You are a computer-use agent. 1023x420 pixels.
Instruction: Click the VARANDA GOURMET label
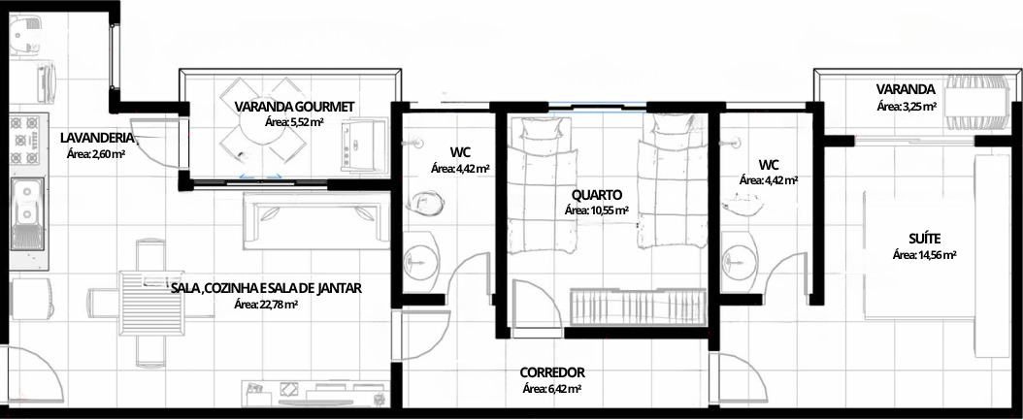click(294, 107)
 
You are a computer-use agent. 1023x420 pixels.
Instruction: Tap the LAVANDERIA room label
click(96, 138)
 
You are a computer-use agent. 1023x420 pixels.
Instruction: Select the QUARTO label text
click(596, 194)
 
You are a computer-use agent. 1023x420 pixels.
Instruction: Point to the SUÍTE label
click(924, 239)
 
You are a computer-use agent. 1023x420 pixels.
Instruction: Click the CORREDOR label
click(552, 372)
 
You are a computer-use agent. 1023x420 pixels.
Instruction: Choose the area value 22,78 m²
click(266, 304)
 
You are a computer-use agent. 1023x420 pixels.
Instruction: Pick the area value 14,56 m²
click(924, 255)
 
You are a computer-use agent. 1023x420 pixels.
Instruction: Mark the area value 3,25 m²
click(907, 106)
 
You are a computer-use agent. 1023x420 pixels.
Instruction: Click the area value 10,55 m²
click(596, 210)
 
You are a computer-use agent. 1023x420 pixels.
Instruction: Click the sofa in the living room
click(316, 220)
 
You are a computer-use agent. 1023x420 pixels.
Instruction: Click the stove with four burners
click(27, 140)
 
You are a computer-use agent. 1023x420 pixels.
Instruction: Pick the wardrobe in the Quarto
click(638, 306)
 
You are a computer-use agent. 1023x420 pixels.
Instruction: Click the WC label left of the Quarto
click(460, 152)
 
